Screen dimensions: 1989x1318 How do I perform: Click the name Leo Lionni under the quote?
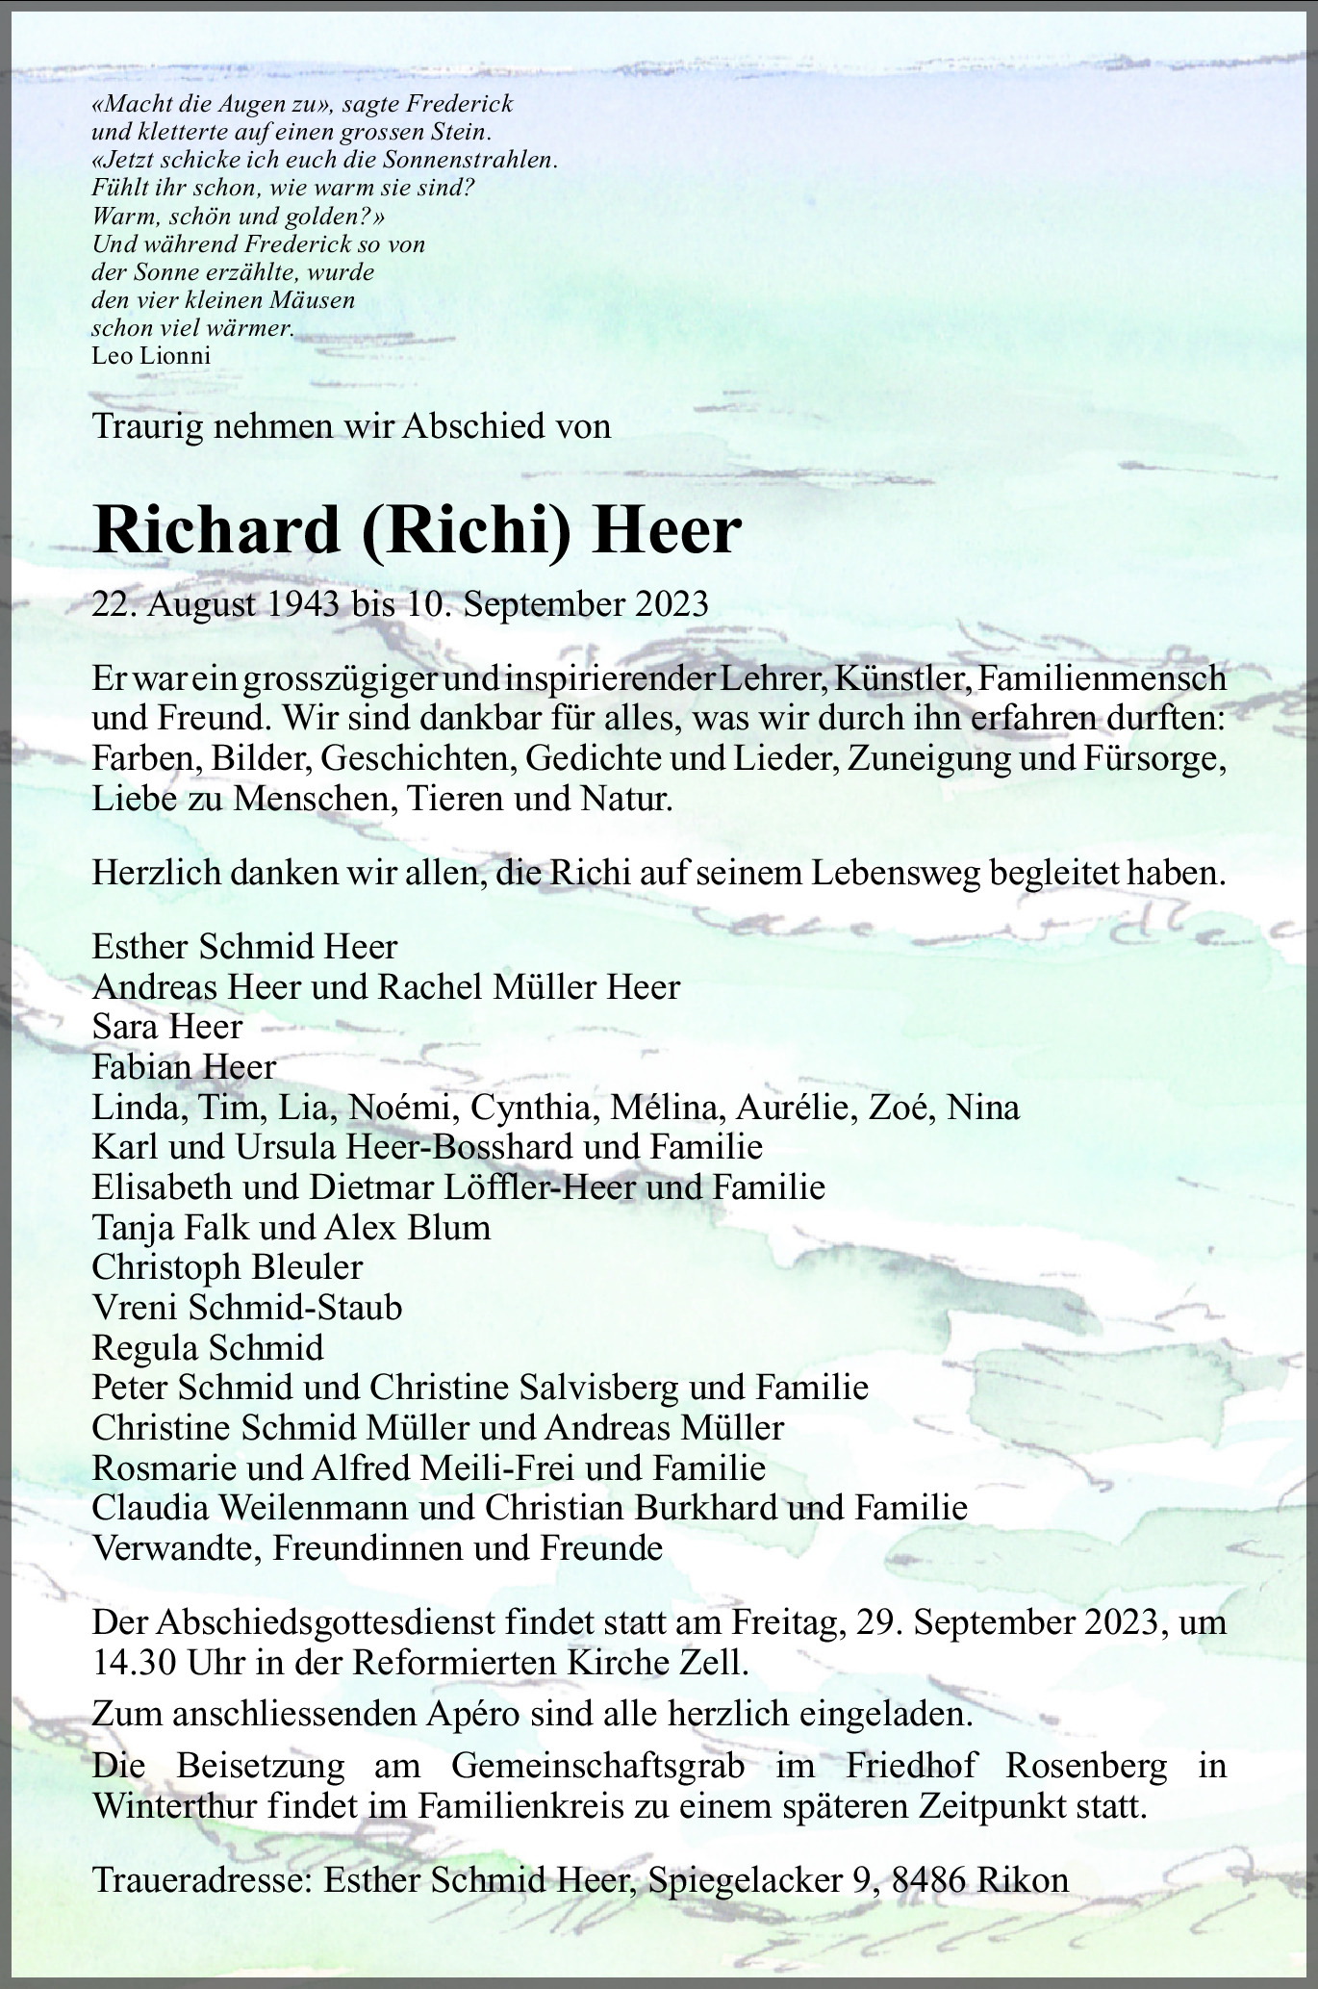[151, 355]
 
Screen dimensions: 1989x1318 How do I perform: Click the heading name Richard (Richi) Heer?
[418, 530]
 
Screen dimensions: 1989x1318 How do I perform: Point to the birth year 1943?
[305, 604]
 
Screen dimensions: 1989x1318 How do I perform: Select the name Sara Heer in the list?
[167, 1027]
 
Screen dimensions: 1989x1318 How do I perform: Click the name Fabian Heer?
[184, 1066]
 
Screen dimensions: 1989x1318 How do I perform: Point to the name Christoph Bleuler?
[227, 1266]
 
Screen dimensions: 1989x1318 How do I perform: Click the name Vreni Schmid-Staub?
[247, 1307]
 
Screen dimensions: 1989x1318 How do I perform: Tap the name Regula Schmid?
[208, 1347]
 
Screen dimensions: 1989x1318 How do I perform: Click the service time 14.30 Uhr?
[165, 1664]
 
